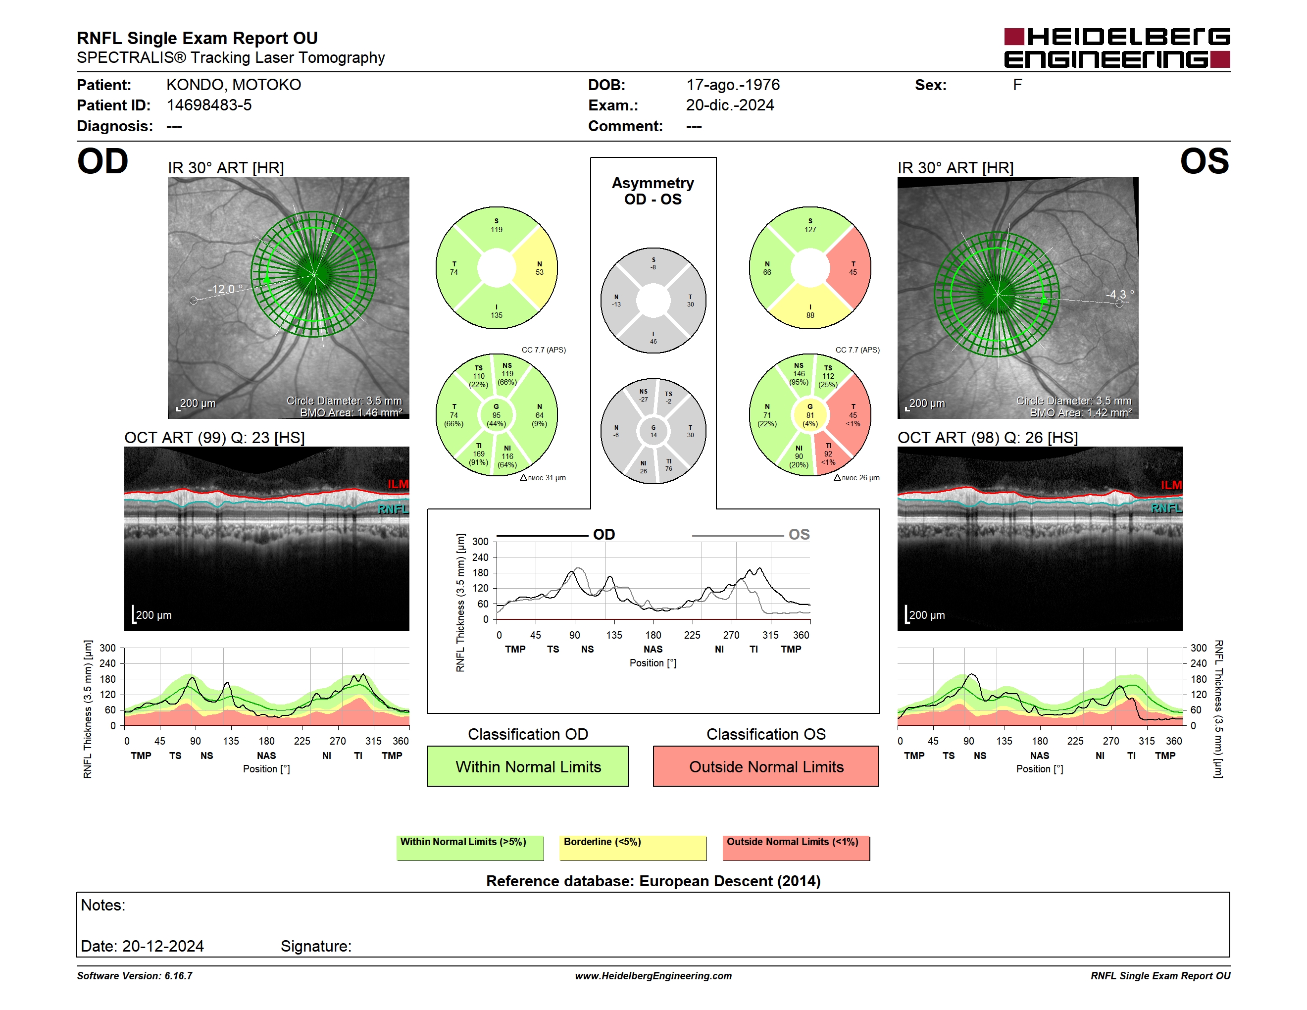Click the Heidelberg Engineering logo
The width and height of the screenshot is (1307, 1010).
pyautogui.click(x=1117, y=48)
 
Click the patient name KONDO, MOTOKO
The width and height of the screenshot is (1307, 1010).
pyautogui.click(x=233, y=85)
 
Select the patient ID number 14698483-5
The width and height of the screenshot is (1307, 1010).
pyautogui.click(x=209, y=105)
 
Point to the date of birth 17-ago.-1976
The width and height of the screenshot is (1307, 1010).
pyautogui.click(x=733, y=85)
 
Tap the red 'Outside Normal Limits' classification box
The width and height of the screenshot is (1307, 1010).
pyautogui.click(x=766, y=766)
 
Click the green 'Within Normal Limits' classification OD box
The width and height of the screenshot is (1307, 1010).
pyautogui.click(x=527, y=766)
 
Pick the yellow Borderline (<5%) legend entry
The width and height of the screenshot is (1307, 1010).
pyautogui.click(x=633, y=848)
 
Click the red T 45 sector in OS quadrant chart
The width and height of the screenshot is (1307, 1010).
pyautogui.click(x=852, y=268)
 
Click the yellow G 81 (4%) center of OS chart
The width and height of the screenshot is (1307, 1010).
pyautogui.click(x=810, y=415)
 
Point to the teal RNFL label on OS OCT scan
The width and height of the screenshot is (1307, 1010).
pyautogui.click(x=1166, y=508)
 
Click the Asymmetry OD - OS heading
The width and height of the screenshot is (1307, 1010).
pyautogui.click(x=653, y=191)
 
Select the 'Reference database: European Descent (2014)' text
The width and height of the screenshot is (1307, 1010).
pyautogui.click(x=653, y=881)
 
